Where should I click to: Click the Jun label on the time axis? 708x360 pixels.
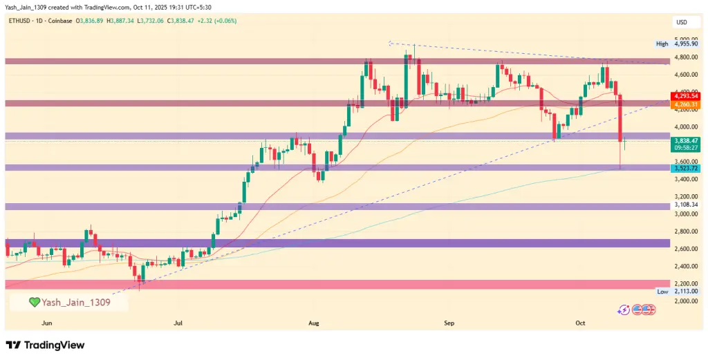click(x=47, y=323)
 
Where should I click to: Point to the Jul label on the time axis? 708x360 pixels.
click(x=178, y=323)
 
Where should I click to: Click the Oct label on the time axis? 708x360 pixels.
click(x=582, y=323)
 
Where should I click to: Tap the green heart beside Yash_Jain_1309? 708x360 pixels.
click(x=34, y=302)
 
